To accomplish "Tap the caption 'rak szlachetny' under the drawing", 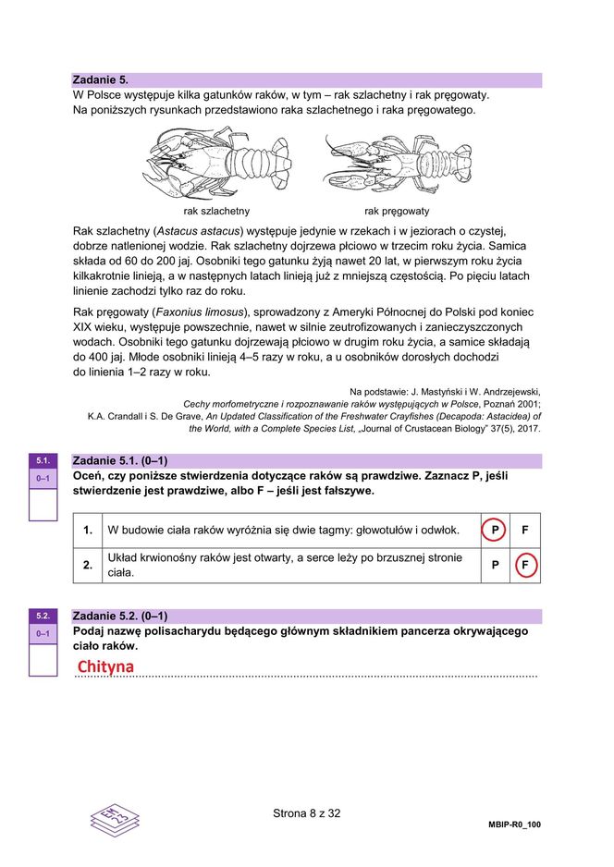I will pyautogui.click(x=216, y=211).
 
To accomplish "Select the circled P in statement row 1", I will pyautogui.click(x=495, y=531).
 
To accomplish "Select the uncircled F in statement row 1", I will pyautogui.click(x=525, y=531).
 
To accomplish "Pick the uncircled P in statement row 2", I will pyautogui.click(x=495, y=565).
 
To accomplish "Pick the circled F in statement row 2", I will pyautogui.click(x=525, y=565).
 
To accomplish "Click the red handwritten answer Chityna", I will pyautogui.click(x=105, y=666).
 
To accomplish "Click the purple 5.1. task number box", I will pyautogui.click(x=43, y=460).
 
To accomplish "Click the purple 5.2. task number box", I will pyautogui.click(x=43, y=616).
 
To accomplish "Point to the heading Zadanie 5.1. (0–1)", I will pyautogui.click(x=119, y=460).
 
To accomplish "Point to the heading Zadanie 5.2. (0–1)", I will pyautogui.click(x=119, y=616).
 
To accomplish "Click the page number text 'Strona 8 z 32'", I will pyautogui.click(x=307, y=813).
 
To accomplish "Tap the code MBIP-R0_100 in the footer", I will pyautogui.click(x=514, y=824).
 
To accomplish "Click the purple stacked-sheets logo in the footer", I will pyautogui.click(x=115, y=819).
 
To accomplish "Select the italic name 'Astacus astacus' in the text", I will pyautogui.click(x=198, y=230).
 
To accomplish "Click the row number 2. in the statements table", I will pyautogui.click(x=88, y=565).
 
